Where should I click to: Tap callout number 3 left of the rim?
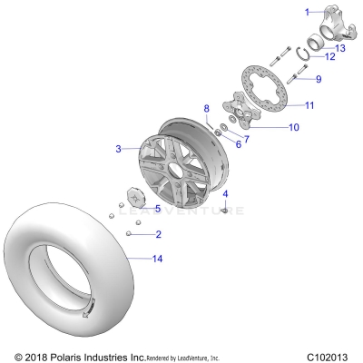(x=118, y=148)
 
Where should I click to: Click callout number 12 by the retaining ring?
(x=330, y=57)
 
